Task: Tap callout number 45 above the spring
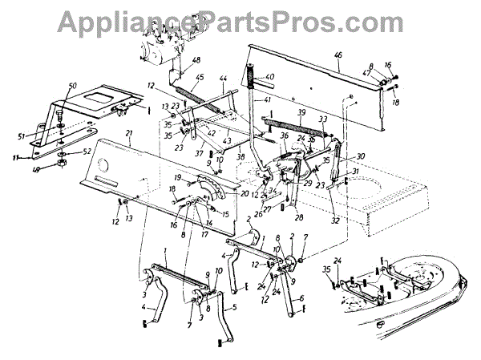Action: coord(200,78)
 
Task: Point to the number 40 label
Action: coord(270,78)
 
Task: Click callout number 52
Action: coord(87,152)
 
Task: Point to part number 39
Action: coord(302,113)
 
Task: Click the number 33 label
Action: coord(323,119)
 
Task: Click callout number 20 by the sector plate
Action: coord(223,193)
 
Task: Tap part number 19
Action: coord(178,176)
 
